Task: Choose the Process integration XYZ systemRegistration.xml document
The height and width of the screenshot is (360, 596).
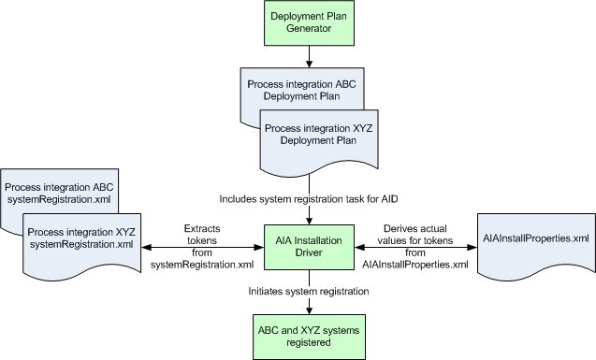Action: pyautogui.click(x=80, y=238)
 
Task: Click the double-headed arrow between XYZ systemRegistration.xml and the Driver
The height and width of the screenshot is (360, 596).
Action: pyautogui.click(x=201, y=247)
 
